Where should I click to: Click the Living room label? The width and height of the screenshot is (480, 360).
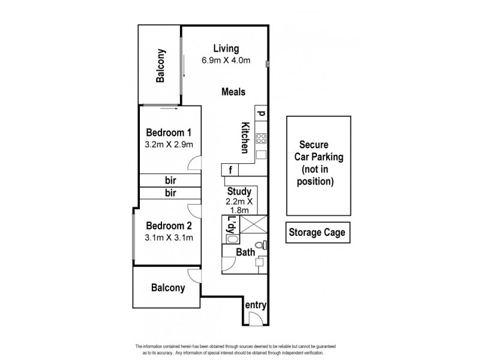click(225, 49)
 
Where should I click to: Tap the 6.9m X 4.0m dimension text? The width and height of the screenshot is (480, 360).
click(225, 61)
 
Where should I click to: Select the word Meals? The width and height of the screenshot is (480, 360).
click(233, 92)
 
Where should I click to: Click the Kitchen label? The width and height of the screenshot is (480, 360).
click(245, 137)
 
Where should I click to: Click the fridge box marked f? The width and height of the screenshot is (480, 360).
click(230, 169)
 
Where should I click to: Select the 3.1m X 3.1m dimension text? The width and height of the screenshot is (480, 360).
click(169, 238)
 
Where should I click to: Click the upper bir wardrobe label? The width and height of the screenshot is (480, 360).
click(170, 180)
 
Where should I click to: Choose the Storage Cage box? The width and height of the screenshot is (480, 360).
click(317, 232)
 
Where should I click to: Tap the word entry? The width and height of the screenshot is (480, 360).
click(255, 305)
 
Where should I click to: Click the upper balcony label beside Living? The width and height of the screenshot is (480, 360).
click(161, 65)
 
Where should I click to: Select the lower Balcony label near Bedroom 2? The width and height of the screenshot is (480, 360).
click(167, 287)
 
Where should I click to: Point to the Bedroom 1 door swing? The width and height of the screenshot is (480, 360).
click(194, 163)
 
